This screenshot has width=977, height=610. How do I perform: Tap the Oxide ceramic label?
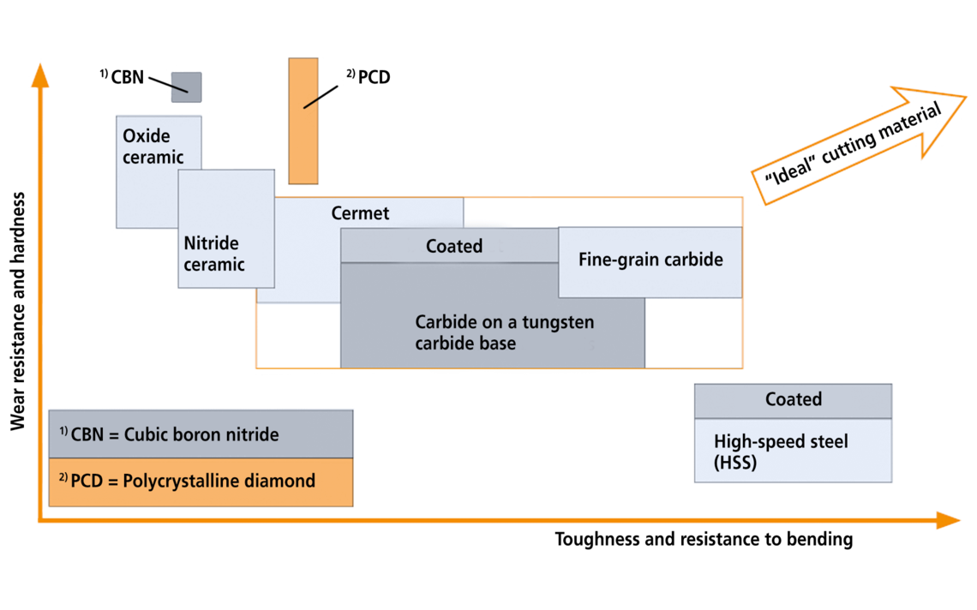point(153,147)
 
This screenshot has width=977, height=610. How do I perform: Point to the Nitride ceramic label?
point(214,254)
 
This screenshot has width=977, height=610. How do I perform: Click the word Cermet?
point(360,213)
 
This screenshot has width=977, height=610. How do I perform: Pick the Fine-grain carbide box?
point(650,260)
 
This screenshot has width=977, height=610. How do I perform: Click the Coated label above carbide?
point(454,247)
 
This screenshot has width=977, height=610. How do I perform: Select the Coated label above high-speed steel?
point(794,400)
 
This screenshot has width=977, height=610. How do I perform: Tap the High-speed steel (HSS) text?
point(781,451)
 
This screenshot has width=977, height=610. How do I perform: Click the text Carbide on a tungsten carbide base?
point(504,333)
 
